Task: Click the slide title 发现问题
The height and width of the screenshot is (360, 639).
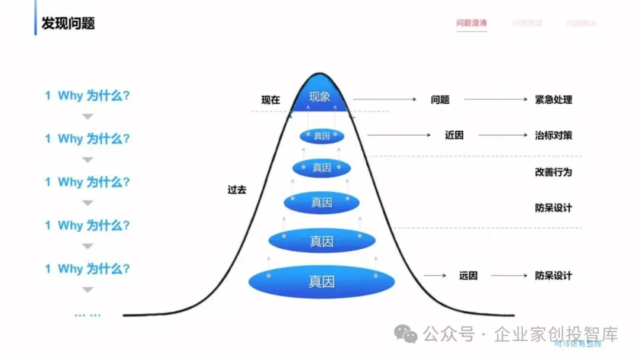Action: (68, 23)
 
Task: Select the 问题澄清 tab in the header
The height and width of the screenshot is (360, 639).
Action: (471, 23)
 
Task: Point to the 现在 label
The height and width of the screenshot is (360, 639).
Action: (270, 100)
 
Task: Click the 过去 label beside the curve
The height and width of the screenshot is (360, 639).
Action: (237, 190)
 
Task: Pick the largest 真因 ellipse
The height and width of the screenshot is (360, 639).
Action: (321, 281)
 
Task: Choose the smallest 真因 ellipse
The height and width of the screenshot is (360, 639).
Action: (322, 136)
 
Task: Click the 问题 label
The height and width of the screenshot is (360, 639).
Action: (440, 99)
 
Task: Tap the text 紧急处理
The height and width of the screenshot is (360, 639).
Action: (553, 99)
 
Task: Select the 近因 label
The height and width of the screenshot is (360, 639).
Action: (454, 135)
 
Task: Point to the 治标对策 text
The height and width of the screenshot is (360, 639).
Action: (553, 135)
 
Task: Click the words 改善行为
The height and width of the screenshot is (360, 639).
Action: (553, 172)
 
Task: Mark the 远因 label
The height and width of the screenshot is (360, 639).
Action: (468, 275)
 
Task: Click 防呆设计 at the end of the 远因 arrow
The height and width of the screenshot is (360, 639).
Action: (553, 275)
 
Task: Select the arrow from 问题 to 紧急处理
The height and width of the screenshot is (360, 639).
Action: (495, 99)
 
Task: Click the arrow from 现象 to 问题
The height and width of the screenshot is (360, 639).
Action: (384, 99)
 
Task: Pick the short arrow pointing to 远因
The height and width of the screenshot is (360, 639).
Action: (435, 275)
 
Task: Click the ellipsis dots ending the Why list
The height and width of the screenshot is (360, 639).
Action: (88, 315)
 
